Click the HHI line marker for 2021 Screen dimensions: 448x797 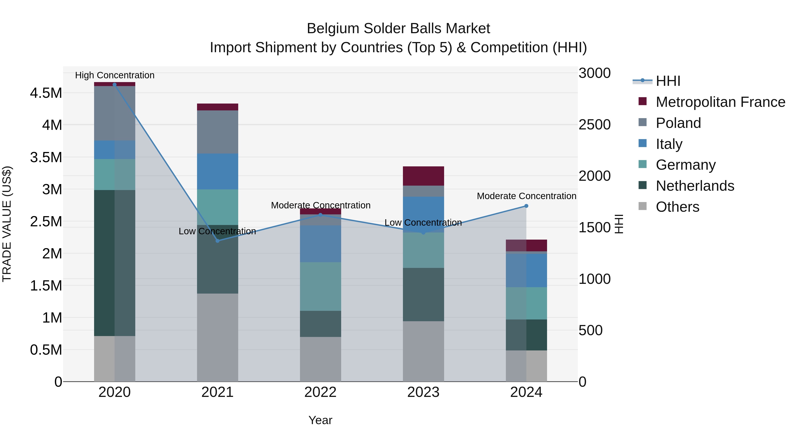[x=217, y=241]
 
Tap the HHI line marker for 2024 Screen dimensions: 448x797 [x=526, y=206]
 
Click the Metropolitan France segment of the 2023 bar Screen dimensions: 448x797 [x=423, y=176]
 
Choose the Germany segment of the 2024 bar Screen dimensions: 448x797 [x=526, y=303]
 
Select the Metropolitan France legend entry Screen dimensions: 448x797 [x=720, y=102]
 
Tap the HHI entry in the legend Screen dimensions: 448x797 [x=668, y=81]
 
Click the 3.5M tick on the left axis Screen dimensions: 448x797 [x=46, y=157]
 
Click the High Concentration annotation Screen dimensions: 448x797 [x=114, y=75]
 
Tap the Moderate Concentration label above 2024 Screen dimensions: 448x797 [x=526, y=196]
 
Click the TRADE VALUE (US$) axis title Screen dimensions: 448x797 [x=7, y=224]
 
